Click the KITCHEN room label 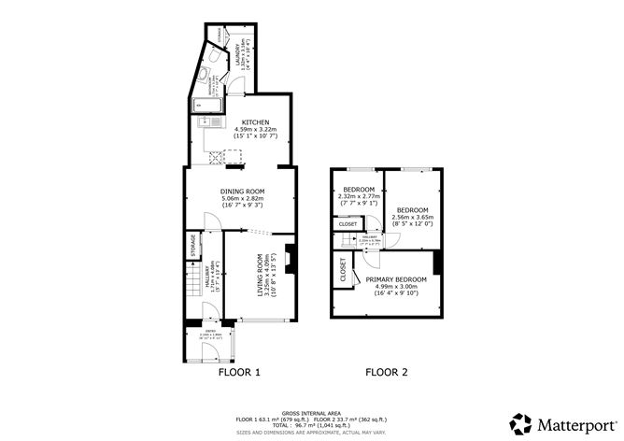pyautogui.click(x=256, y=123)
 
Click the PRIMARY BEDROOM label pyautogui.click(x=396, y=279)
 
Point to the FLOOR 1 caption pyautogui.click(x=239, y=372)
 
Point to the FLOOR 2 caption pyautogui.click(x=387, y=372)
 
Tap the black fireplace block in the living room pyautogui.click(x=291, y=259)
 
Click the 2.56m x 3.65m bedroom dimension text pyautogui.click(x=413, y=218)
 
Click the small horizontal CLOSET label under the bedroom pyautogui.click(x=347, y=224)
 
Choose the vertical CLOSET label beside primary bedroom pyautogui.click(x=343, y=271)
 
